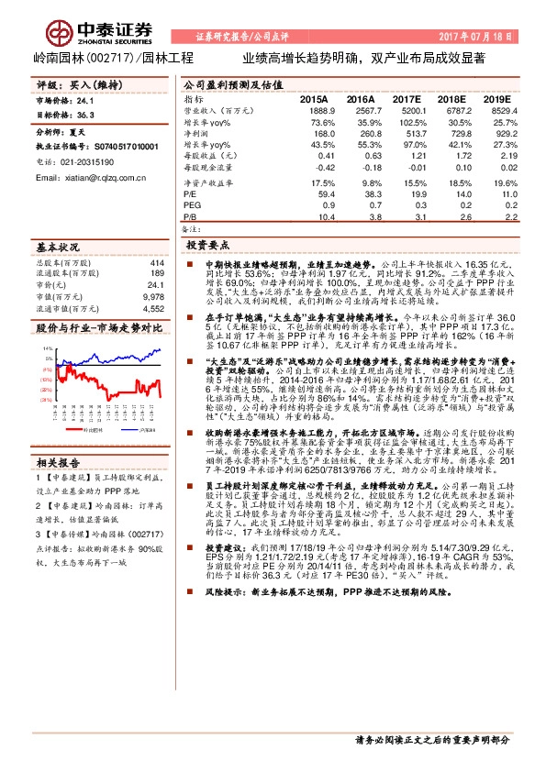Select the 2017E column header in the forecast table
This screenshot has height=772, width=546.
click(x=407, y=98)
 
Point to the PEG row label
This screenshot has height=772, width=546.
click(x=192, y=205)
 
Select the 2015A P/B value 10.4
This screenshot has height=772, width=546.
click(x=325, y=217)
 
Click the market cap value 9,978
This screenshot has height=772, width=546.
click(x=154, y=297)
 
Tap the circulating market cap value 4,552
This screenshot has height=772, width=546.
click(x=154, y=308)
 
